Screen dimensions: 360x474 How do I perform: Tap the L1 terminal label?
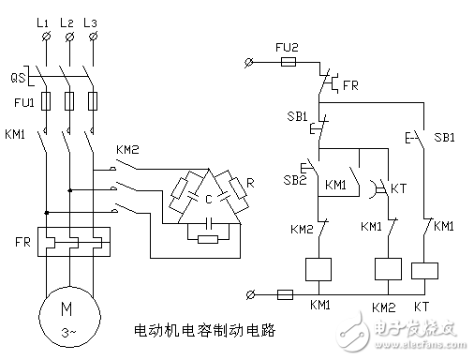(44, 20)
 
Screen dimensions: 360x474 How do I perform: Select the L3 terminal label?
(91, 20)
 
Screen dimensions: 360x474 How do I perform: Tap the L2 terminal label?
(67, 20)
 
